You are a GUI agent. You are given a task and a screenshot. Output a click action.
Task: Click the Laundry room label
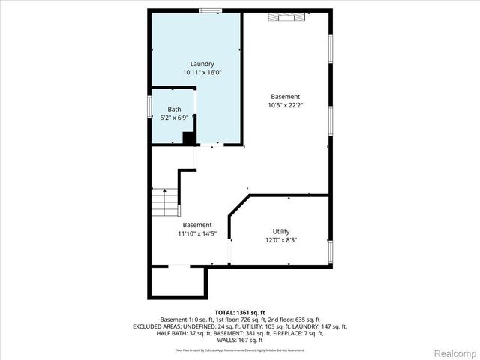click(202, 64)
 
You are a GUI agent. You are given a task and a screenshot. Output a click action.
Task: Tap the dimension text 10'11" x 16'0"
click(202, 73)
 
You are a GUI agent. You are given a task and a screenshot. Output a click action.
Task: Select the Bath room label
click(174, 109)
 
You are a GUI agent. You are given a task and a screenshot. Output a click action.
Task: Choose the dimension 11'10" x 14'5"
click(197, 233)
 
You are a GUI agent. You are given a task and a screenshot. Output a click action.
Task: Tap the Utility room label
click(281, 231)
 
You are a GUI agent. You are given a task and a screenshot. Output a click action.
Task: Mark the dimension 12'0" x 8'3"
click(281, 240)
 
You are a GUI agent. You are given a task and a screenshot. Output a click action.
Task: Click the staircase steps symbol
click(166, 201)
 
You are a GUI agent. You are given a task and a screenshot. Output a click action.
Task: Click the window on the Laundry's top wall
click(210, 10)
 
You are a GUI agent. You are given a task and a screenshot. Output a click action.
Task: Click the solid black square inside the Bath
click(189, 139)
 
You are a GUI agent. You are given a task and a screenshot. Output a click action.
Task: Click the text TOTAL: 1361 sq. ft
click(240, 312)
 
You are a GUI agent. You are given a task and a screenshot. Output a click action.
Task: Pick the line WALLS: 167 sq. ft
click(240, 340)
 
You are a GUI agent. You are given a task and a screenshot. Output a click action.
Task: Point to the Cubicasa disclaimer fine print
click(240, 349)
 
